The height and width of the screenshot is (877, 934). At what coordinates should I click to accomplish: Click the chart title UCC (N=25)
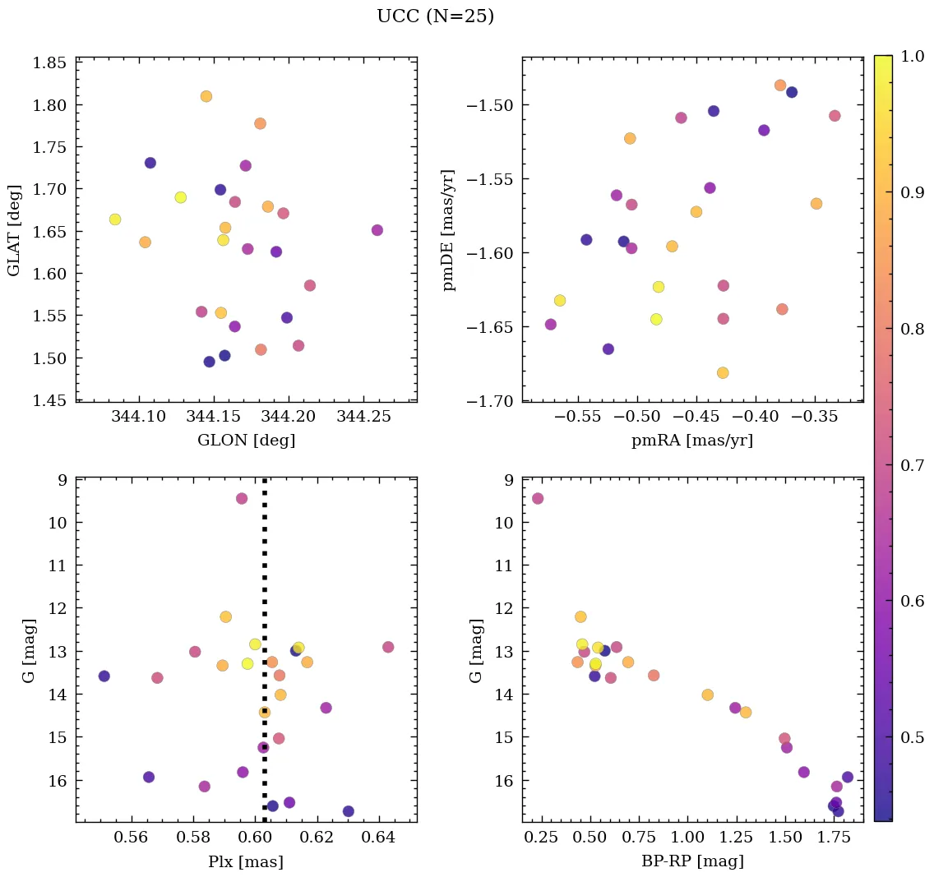point(435,16)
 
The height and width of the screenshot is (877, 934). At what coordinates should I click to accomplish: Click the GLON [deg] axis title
point(246,441)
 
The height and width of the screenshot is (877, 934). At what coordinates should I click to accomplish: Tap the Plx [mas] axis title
point(246,862)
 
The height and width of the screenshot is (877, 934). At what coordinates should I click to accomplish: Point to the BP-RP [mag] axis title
point(692,862)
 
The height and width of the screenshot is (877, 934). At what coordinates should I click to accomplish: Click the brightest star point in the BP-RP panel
point(538,498)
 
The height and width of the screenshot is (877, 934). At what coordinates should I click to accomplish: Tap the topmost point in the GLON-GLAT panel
point(206,96)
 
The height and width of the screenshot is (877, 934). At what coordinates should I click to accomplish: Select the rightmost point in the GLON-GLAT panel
point(377,230)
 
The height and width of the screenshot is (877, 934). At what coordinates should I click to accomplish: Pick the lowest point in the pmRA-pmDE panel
point(723,372)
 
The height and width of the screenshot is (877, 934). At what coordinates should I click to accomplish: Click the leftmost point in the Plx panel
point(104,676)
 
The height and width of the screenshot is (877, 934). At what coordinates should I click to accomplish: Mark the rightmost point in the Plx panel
point(388,647)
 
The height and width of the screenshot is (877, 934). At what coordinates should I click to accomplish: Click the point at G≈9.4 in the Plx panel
point(242,498)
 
